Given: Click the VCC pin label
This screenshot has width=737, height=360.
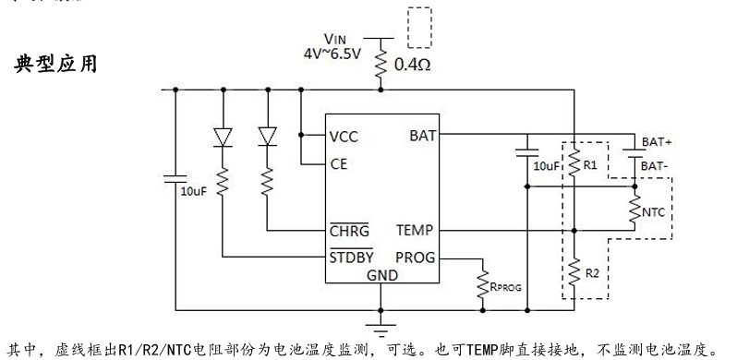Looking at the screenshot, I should [344, 136].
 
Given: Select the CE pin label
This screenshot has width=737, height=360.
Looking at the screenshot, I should [338, 165].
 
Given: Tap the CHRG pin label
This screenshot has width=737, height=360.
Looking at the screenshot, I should [349, 229].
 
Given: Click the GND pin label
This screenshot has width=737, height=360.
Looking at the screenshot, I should [381, 275].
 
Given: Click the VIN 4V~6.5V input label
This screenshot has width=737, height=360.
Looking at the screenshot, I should [333, 45].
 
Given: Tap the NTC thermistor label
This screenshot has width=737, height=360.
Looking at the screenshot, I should [654, 212].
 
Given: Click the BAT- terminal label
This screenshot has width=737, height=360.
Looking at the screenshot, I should [655, 165].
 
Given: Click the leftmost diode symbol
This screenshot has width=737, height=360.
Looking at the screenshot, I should [223, 136].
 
